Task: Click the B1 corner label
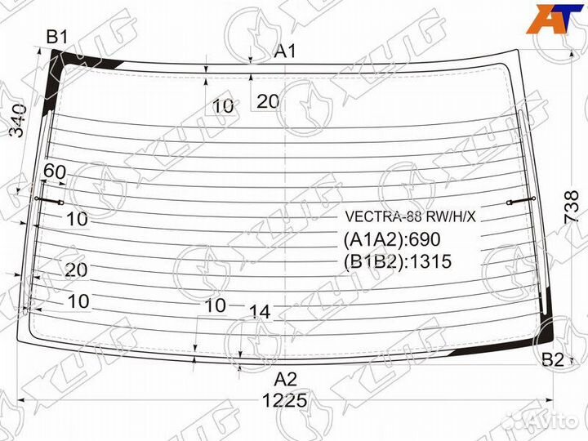coord(56,36)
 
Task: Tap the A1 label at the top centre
coord(284,51)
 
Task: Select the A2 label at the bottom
coord(285,379)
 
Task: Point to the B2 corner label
coord(553,359)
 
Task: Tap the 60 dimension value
coord(55,171)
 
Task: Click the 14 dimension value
coord(259,311)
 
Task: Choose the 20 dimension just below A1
coord(268,101)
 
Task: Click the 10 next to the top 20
coord(223,105)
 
